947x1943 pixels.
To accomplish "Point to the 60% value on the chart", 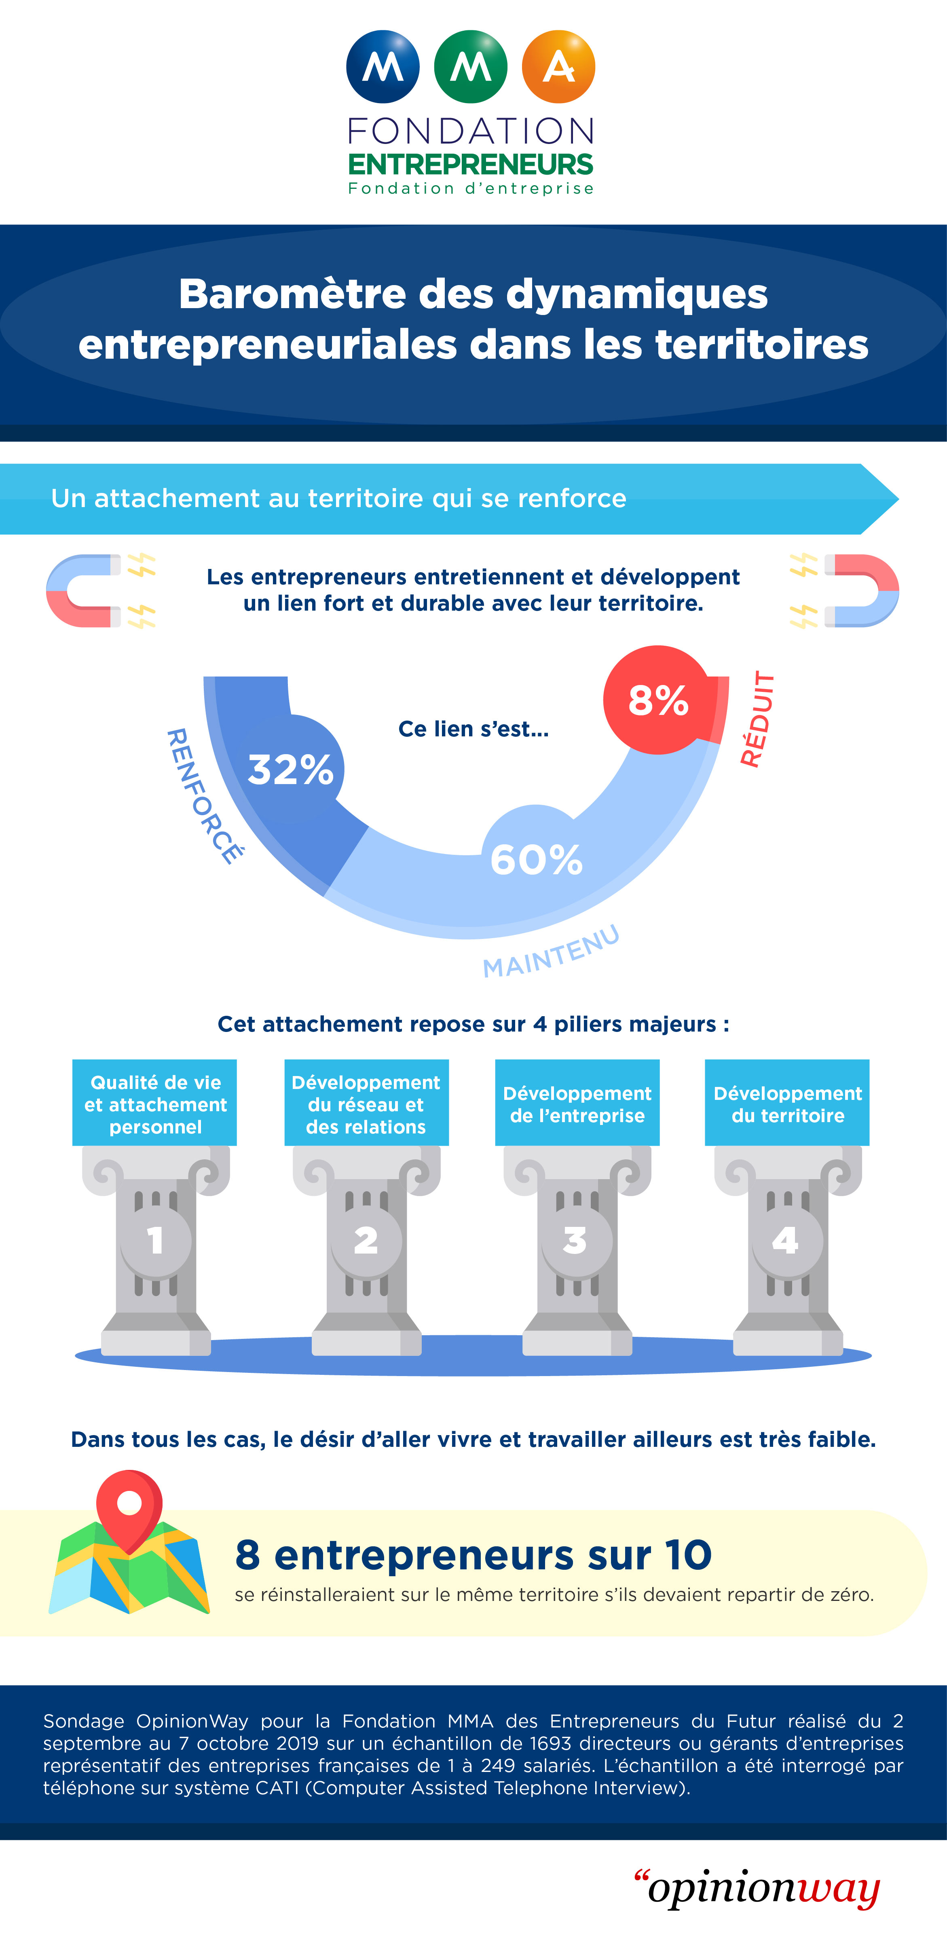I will pos(536,859).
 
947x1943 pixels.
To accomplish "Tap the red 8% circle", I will pos(657,700).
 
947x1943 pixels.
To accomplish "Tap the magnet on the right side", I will pos(861,591).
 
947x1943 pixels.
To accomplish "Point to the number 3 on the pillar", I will pos(575,1241).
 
